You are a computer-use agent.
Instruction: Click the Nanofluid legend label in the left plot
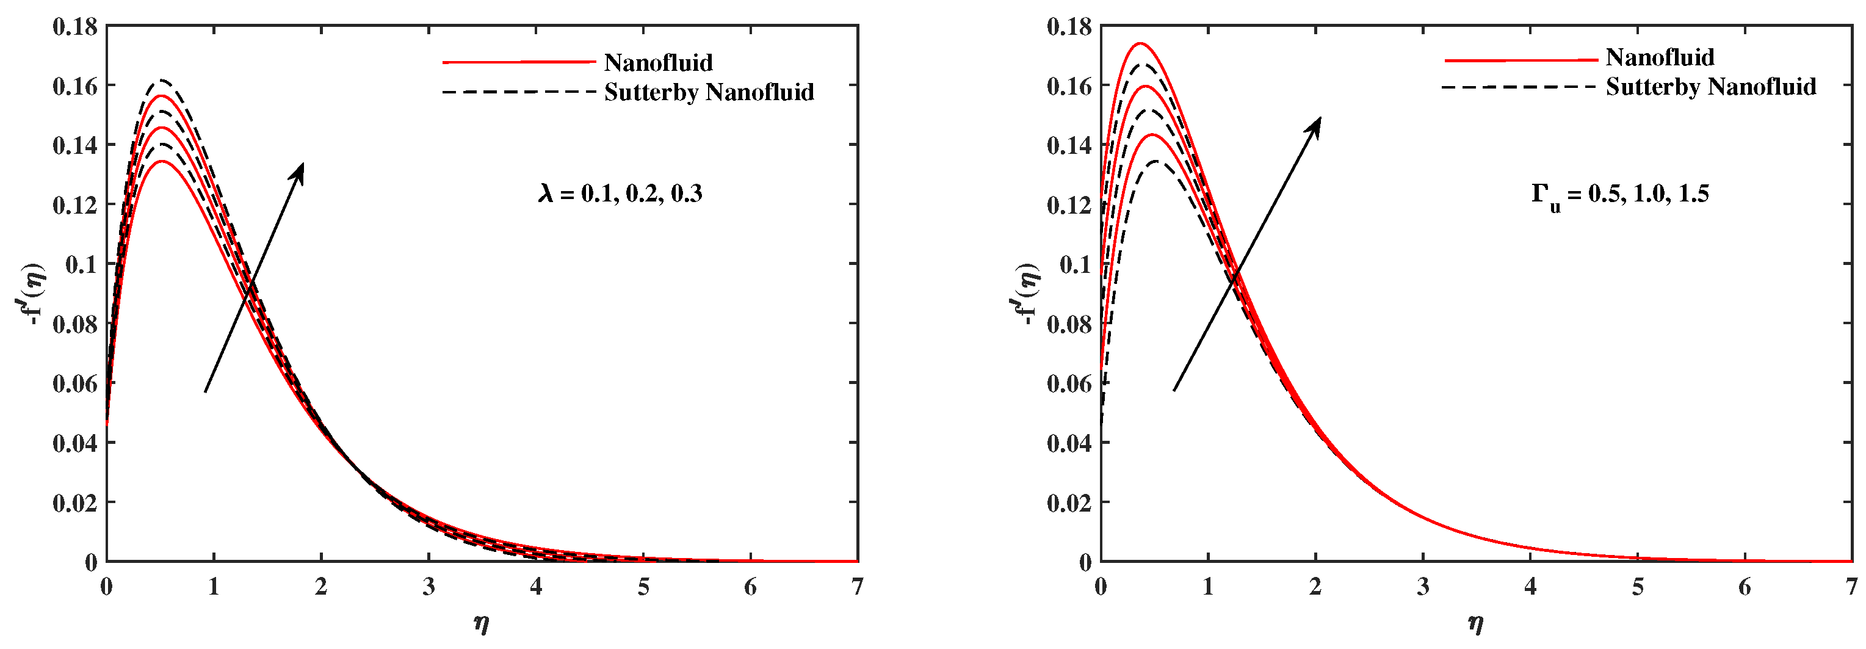658,63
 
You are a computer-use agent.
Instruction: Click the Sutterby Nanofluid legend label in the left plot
709,93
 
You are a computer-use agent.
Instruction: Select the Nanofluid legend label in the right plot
1660,58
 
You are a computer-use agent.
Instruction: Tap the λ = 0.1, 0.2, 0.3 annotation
620,194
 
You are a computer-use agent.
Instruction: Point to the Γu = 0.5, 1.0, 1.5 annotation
1620,195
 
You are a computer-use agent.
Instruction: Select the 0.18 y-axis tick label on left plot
75,27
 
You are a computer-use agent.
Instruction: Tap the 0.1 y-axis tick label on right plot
1075,264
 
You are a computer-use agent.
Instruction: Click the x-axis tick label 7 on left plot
858,587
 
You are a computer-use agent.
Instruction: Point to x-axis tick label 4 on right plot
1530,587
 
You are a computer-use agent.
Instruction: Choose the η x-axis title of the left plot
482,623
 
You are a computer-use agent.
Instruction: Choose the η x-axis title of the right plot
1475,623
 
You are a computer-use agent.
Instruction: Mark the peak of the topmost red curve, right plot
1140,43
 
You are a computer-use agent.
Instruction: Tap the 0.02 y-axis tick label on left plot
75,502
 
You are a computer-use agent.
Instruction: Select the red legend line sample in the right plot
1521,59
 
